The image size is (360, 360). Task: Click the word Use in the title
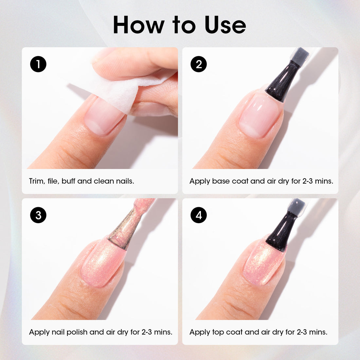coord(225,25)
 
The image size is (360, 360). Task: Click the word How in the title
coord(139,25)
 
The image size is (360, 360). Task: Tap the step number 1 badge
coord(38,64)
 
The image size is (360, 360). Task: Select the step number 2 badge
coord(199,64)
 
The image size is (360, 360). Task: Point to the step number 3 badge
coord(38,215)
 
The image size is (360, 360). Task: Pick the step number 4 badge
coord(199,215)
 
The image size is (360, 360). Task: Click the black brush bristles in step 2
coord(283,81)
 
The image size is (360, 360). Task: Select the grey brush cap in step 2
coord(299,54)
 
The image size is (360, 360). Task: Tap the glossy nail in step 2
coord(261,116)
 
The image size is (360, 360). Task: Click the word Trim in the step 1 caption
coord(37,181)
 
